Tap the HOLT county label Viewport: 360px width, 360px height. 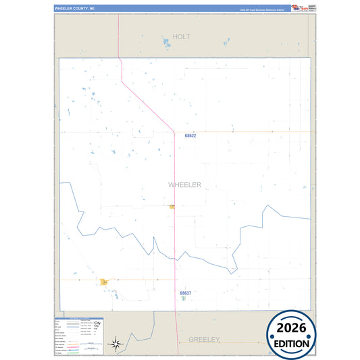pos(182,36)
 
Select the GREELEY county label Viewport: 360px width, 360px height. pos(205,339)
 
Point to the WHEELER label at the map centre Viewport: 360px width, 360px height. pos(184,184)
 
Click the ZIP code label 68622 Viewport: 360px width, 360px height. pos(190,136)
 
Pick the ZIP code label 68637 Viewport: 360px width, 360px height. pos(186,293)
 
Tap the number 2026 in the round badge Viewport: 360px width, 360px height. pos(291,329)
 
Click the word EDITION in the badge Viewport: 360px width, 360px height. pos(291,344)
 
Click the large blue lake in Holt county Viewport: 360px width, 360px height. pos(165,43)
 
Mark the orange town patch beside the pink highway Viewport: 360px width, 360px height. pos(172,207)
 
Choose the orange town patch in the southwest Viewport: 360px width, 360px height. pos(105,282)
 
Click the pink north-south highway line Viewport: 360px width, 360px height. pos(175,236)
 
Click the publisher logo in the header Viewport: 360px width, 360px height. pos(299,7)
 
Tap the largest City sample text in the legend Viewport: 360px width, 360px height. pos(97,326)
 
